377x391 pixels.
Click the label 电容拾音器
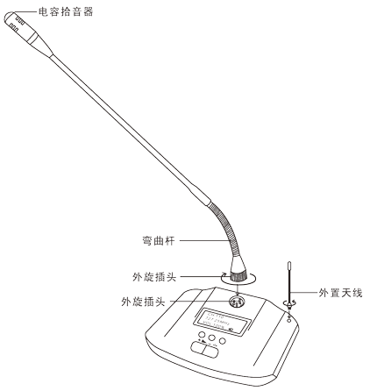66,11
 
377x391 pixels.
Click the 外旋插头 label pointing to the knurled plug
154,276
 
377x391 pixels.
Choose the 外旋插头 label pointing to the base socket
144,302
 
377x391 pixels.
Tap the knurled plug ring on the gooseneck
238,276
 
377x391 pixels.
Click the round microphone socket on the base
237,301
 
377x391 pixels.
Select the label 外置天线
341,293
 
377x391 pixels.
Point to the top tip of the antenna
288,263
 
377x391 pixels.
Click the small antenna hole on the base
289,320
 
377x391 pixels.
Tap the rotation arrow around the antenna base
289,302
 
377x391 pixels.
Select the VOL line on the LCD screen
215,325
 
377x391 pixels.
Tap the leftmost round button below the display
202,335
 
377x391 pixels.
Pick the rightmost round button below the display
223,341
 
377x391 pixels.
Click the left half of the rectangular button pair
197,347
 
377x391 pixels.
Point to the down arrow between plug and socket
238,288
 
